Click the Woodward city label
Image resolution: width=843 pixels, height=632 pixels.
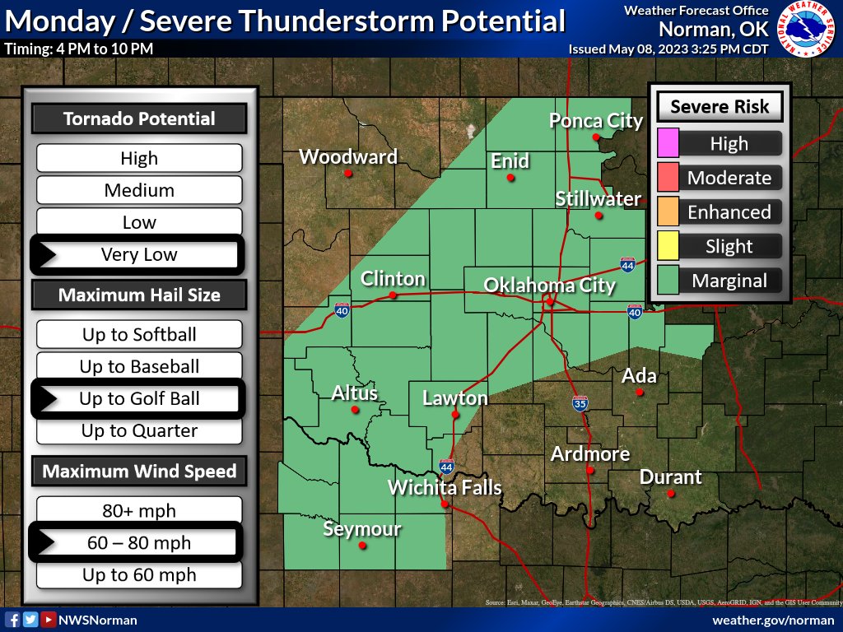[x=347, y=156]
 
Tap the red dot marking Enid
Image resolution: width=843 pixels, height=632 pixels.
[x=511, y=178]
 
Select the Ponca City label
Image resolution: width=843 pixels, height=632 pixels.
[x=596, y=121]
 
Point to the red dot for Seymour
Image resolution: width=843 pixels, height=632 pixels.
[x=363, y=545]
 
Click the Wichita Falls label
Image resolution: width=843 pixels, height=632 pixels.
[x=445, y=487]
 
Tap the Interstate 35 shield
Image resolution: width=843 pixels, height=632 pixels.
[x=580, y=404]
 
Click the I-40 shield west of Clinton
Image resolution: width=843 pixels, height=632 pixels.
[x=342, y=310]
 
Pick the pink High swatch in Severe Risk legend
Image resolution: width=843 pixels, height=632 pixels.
[x=668, y=143]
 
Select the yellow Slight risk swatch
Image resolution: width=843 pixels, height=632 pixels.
[x=668, y=246]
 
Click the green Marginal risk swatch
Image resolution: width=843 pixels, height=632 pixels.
[x=668, y=281]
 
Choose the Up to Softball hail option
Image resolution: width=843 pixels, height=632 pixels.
[x=139, y=334]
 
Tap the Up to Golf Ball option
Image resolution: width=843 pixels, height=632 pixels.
[x=139, y=399]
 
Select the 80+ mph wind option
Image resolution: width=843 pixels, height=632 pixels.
[x=139, y=510]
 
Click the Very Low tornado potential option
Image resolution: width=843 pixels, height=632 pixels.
[x=139, y=254]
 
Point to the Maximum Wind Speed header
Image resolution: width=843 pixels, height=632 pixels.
[x=139, y=472]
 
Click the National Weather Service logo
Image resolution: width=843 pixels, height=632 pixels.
[x=807, y=29]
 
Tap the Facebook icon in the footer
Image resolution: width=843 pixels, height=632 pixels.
[x=13, y=620]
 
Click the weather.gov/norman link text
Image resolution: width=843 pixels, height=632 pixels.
[x=773, y=620]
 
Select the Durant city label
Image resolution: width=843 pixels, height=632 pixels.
[x=670, y=477]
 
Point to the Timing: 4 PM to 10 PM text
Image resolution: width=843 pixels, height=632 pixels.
[x=79, y=49]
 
